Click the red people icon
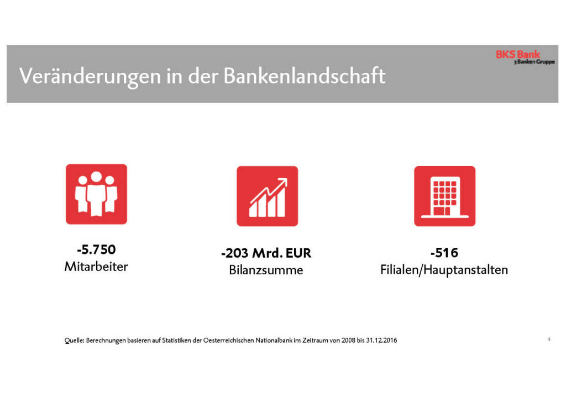96,194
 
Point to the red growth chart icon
267,196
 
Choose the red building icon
444,196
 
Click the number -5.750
96,250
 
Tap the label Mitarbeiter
96,267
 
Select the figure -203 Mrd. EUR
266,254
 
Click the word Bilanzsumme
266,271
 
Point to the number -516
444,253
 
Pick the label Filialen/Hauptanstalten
444,270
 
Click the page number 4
548,339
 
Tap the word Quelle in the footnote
74,340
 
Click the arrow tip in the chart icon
285,182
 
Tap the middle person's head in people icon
96,178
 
